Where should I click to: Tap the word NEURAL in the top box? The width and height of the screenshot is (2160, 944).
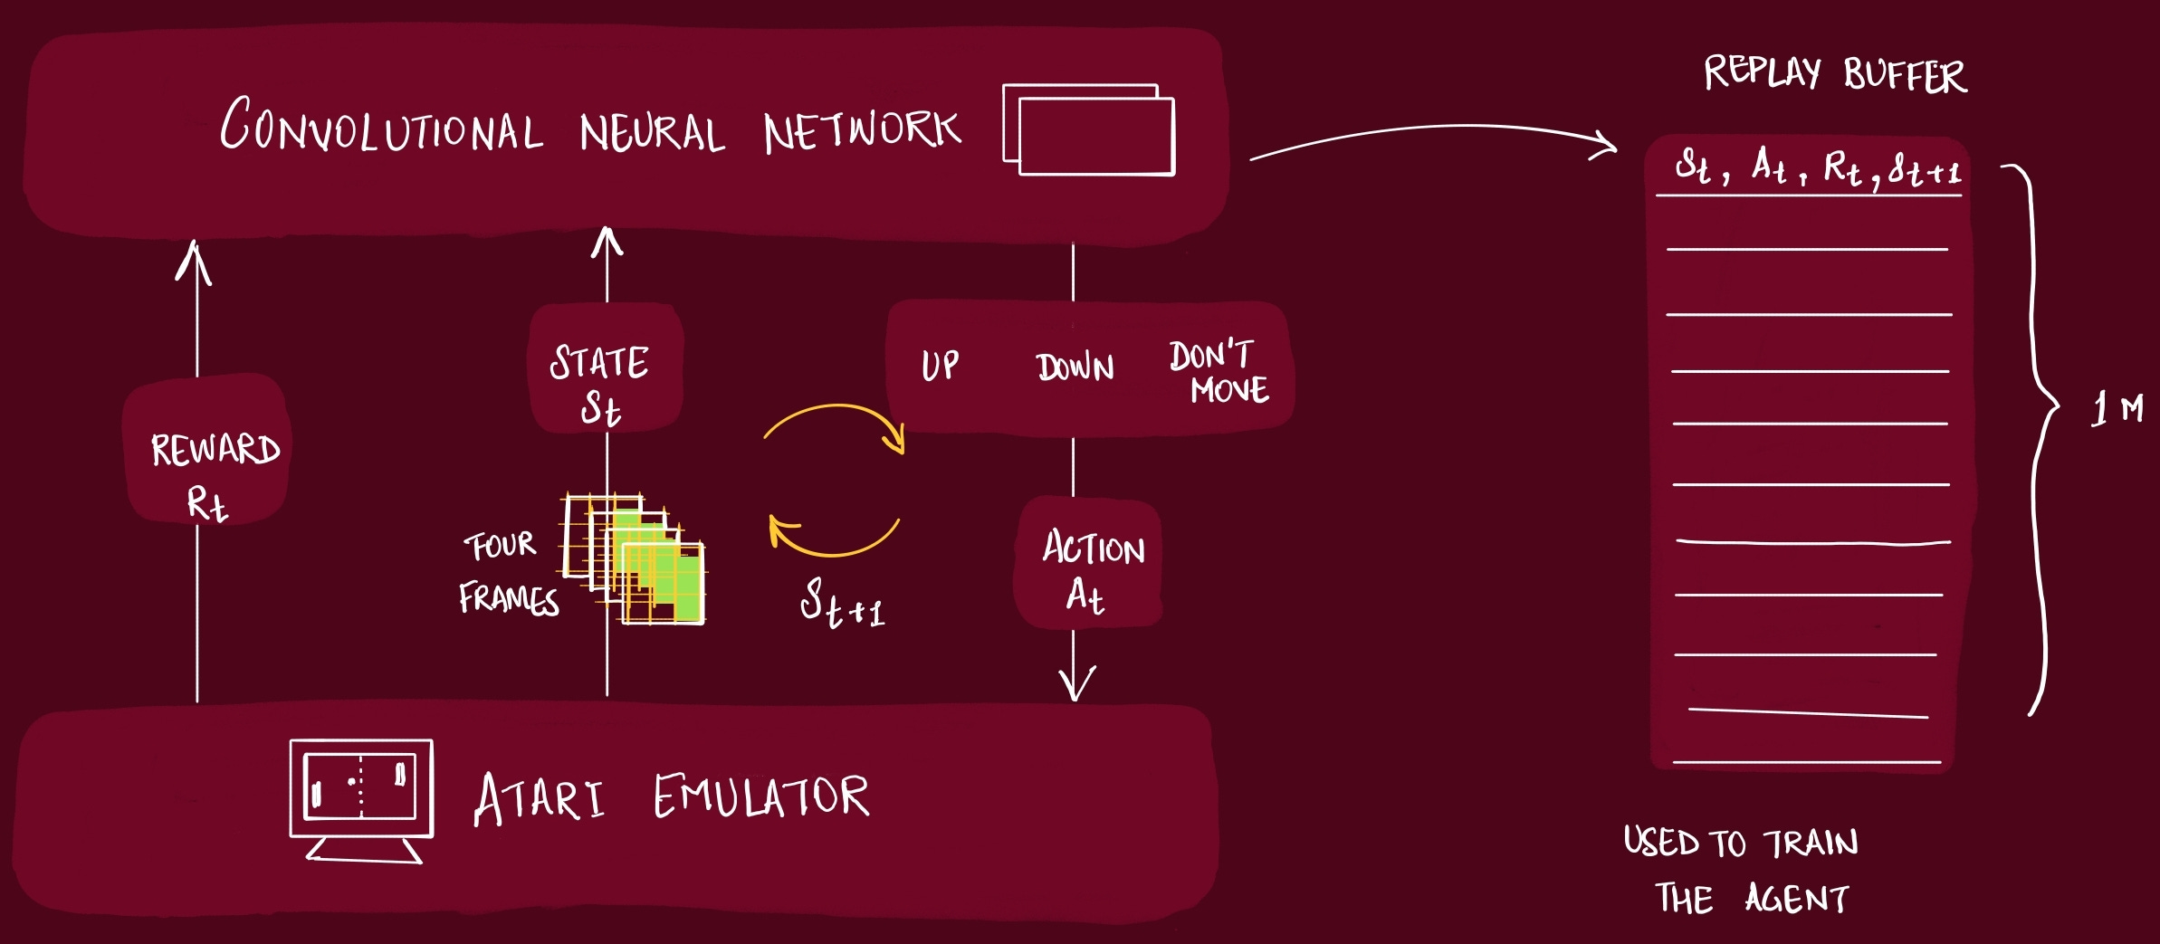(x=652, y=133)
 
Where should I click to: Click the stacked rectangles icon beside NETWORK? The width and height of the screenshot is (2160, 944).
(x=1088, y=129)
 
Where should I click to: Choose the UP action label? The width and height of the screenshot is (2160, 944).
(x=940, y=366)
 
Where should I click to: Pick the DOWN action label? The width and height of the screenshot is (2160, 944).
(x=1075, y=367)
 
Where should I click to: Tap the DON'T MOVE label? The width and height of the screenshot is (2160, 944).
(x=1218, y=371)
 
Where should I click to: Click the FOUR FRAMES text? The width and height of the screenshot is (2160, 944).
(x=507, y=572)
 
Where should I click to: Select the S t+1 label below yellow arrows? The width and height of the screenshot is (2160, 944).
(x=842, y=603)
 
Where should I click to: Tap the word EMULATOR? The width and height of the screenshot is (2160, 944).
(x=760, y=796)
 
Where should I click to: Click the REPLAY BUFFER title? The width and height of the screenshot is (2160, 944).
(x=1834, y=73)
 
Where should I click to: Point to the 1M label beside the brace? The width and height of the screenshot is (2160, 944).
(x=2117, y=409)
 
